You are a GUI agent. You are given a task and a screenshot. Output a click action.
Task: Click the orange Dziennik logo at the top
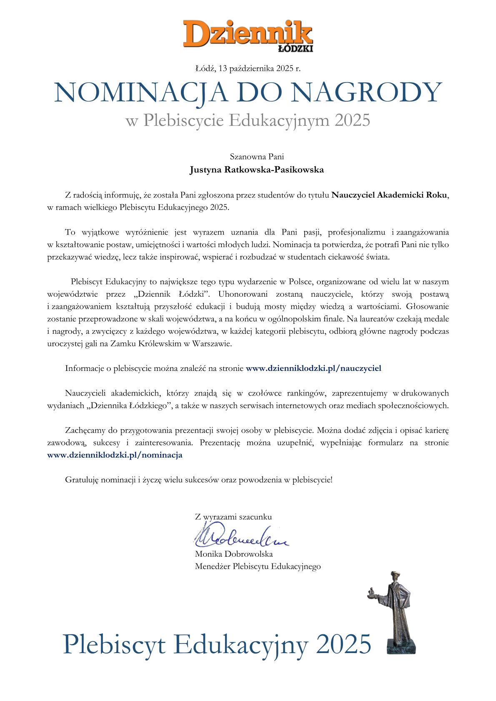[248, 33]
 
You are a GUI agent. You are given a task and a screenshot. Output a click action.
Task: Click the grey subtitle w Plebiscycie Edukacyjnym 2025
[248, 120]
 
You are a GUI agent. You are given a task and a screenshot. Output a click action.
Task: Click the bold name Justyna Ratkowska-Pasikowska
[257, 170]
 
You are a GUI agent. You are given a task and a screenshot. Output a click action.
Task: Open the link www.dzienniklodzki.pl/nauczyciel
[313, 368]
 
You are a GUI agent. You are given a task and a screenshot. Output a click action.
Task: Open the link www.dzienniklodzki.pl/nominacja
[115, 455]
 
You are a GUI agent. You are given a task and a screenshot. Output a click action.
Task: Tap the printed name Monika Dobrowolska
[234, 554]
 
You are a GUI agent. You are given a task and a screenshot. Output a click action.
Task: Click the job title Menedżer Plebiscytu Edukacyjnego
[258, 566]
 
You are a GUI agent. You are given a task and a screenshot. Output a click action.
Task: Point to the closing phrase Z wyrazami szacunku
[233, 517]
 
